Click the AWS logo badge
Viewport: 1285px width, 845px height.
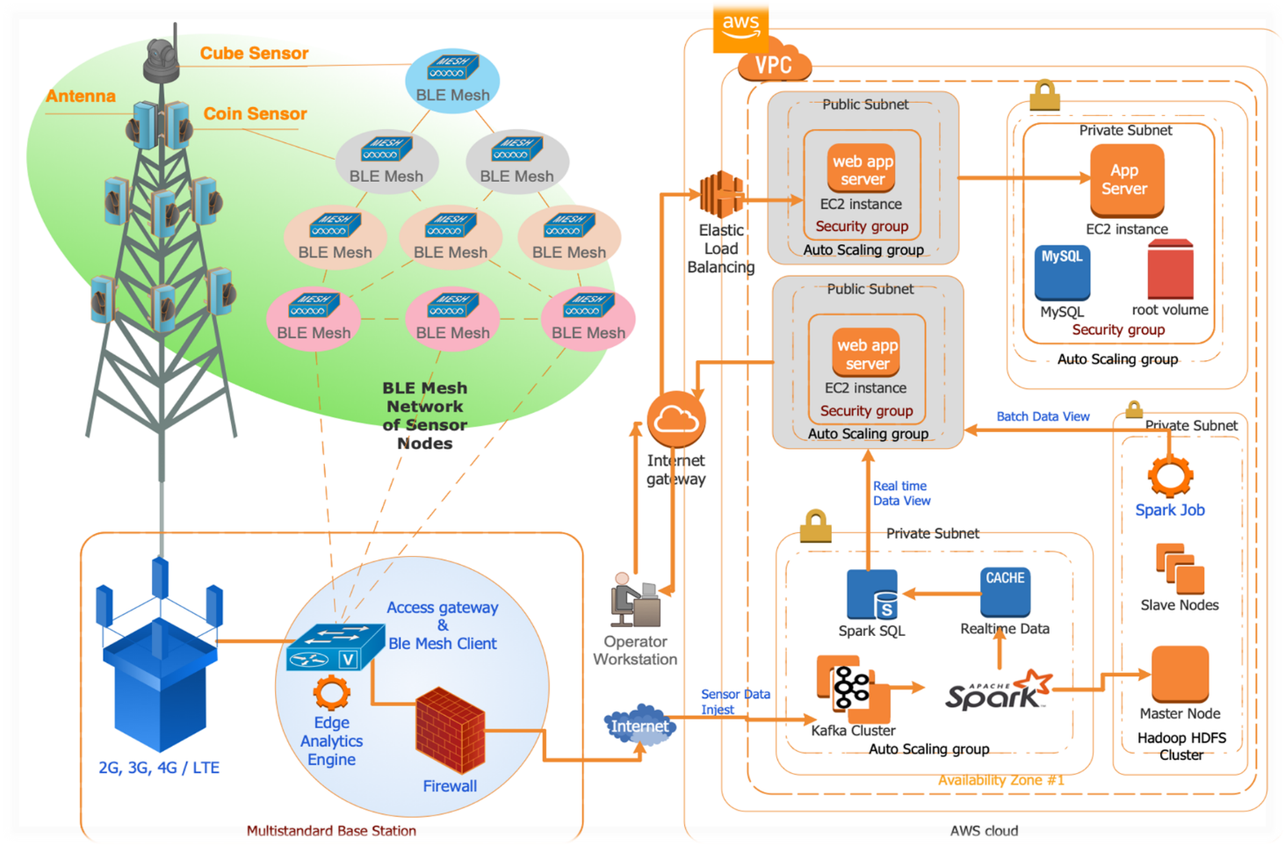tap(740, 25)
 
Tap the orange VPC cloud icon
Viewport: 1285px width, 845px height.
tap(774, 63)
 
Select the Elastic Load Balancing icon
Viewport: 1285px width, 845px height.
tap(721, 194)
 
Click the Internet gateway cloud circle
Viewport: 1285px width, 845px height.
tap(676, 420)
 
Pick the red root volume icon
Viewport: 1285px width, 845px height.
tap(1170, 270)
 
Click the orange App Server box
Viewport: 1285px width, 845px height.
tap(1126, 180)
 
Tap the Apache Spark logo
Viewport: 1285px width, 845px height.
tap(998, 690)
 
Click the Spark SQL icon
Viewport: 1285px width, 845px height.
tap(871, 595)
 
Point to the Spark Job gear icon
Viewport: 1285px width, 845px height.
tap(1170, 476)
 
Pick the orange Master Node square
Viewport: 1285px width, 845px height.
tap(1180, 675)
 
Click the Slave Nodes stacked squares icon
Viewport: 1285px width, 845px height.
tap(1180, 568)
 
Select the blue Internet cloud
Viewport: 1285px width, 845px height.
tap(639, 726)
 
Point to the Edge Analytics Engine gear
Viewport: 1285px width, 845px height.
tap(331, 693)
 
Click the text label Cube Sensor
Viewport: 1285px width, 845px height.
tap(254, 54)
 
